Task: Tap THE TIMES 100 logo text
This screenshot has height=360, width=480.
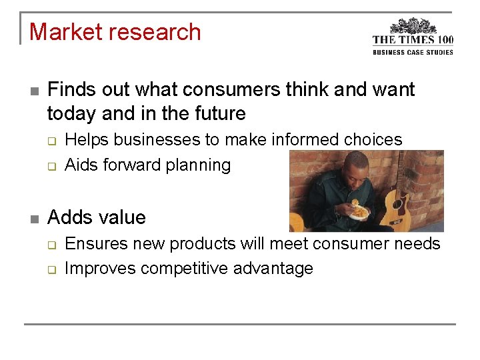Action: point(413,40)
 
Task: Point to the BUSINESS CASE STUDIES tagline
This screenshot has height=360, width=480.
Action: point(413,52)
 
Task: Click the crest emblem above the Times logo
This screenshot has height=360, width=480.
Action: point(413,26)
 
